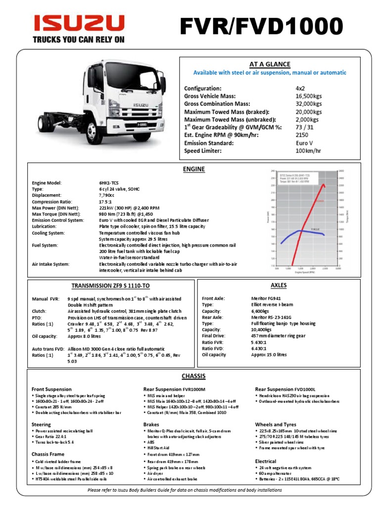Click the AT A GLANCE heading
[x=269, y=64]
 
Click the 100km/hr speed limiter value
[x=308, y=151]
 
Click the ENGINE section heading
[x=193, y=169]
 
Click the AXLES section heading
[x=279, y=285]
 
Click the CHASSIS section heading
[x=193, y=376]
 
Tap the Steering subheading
[x=41, y=424]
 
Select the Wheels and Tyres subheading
[x=276, y=424]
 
